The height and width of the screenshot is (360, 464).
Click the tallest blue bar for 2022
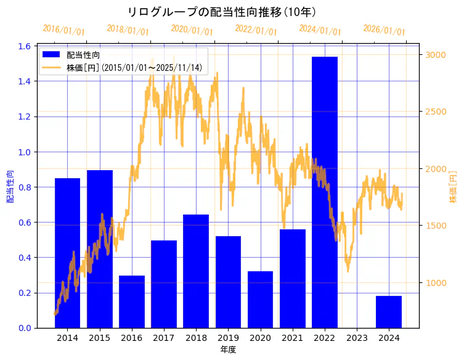click(325, 191)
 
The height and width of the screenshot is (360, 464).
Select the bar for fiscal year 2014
click(67, 253)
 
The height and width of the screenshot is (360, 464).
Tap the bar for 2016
click(132, 301)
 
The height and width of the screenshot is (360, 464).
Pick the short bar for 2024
click(389, 312)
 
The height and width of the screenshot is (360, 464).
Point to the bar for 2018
click(196, 271)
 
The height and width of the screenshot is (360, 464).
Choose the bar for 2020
click(260, 299)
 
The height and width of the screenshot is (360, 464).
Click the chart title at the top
click(222, 12)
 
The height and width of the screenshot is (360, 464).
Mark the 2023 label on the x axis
click(357, 338)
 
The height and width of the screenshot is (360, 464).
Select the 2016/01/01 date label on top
click(63, 30)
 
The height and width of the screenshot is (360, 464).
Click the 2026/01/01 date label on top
click(384, 30)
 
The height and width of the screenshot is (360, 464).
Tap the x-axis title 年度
click(228, 350)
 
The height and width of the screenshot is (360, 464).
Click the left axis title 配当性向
click(10, 187)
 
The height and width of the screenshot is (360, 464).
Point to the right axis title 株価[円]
click(454, 187)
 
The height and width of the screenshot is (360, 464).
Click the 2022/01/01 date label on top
click(256, 30)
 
